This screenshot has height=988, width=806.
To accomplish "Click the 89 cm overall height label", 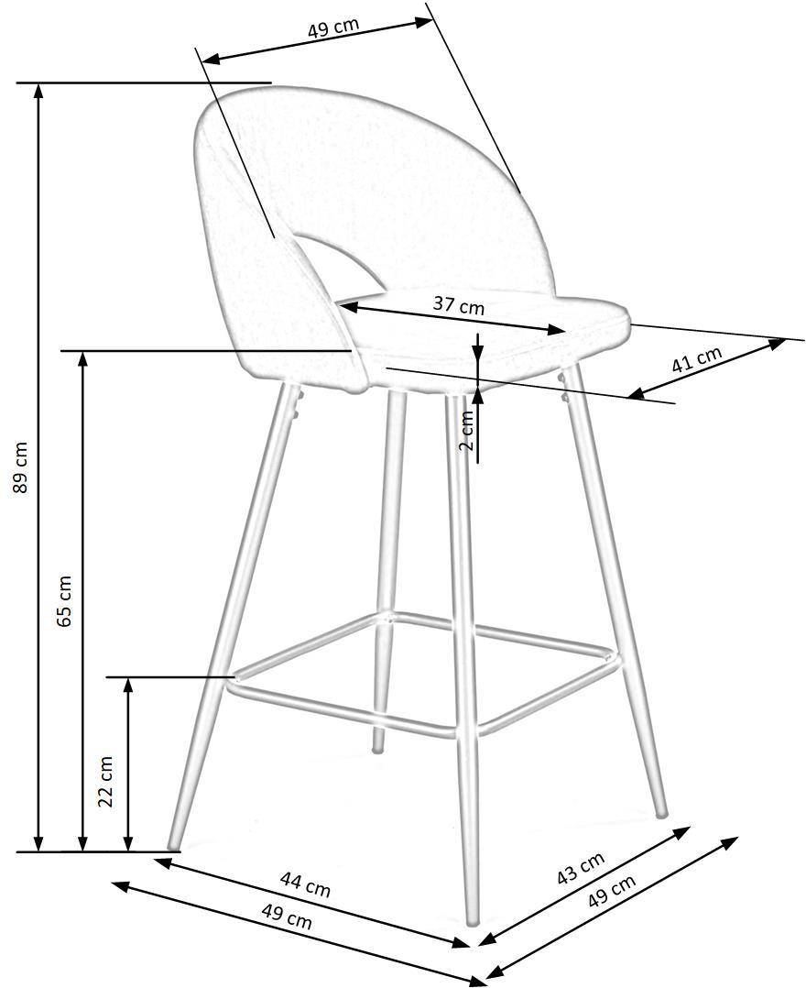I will coord(20,467).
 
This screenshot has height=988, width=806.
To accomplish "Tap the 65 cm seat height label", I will coord(65,601).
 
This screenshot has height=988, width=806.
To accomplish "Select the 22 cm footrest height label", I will coord(107,781).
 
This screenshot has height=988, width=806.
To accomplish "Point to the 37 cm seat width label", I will coord(458,305).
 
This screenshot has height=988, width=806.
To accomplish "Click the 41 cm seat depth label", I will coord(696,358).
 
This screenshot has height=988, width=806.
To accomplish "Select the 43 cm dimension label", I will coord(581,868).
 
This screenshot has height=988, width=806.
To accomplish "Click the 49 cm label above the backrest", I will coord(332,27).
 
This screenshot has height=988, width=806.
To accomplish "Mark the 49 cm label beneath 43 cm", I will coord(612,892).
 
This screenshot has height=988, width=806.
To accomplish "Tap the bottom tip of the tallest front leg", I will coord(473,922).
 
